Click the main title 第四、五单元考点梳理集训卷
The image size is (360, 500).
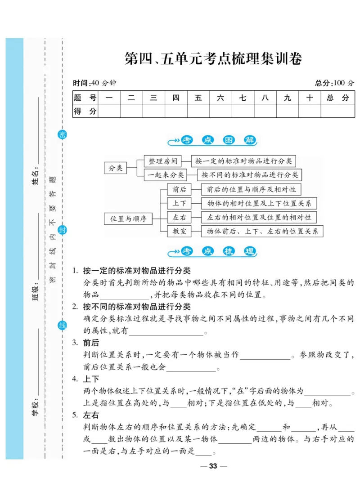coord(213,59)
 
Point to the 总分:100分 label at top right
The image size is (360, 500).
coord(334,83)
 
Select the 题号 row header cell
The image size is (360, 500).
coord(85,98)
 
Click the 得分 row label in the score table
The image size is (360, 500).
coord(85,111)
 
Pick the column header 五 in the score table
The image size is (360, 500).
coord(198,98)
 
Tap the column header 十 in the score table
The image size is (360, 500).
coord(310,98)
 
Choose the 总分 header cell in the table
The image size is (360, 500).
coord(337,98)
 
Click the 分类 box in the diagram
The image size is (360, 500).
coord(116,168)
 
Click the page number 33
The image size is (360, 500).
coord(213,466)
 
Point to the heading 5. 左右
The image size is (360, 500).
coord(86,415)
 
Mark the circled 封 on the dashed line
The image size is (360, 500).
coord(62,230)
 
